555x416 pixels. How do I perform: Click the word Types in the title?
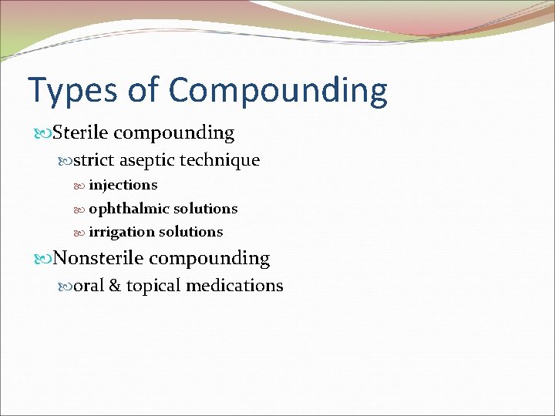pos(70,91)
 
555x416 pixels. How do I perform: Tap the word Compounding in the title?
pos(278,91)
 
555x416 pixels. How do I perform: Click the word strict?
pos(93,160)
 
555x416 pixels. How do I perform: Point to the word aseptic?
pos(146,160)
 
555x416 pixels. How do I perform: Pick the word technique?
pos(220,160)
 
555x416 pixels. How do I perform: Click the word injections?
pos(123,185)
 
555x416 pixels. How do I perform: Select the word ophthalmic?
pos(129,209)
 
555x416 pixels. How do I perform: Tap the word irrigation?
pos(122,232)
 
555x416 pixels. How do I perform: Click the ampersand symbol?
pos(114,286)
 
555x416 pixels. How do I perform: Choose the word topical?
pos(153,286)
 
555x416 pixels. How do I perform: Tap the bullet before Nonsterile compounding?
pos(43,259)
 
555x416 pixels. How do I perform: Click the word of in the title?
pos(142,91)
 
